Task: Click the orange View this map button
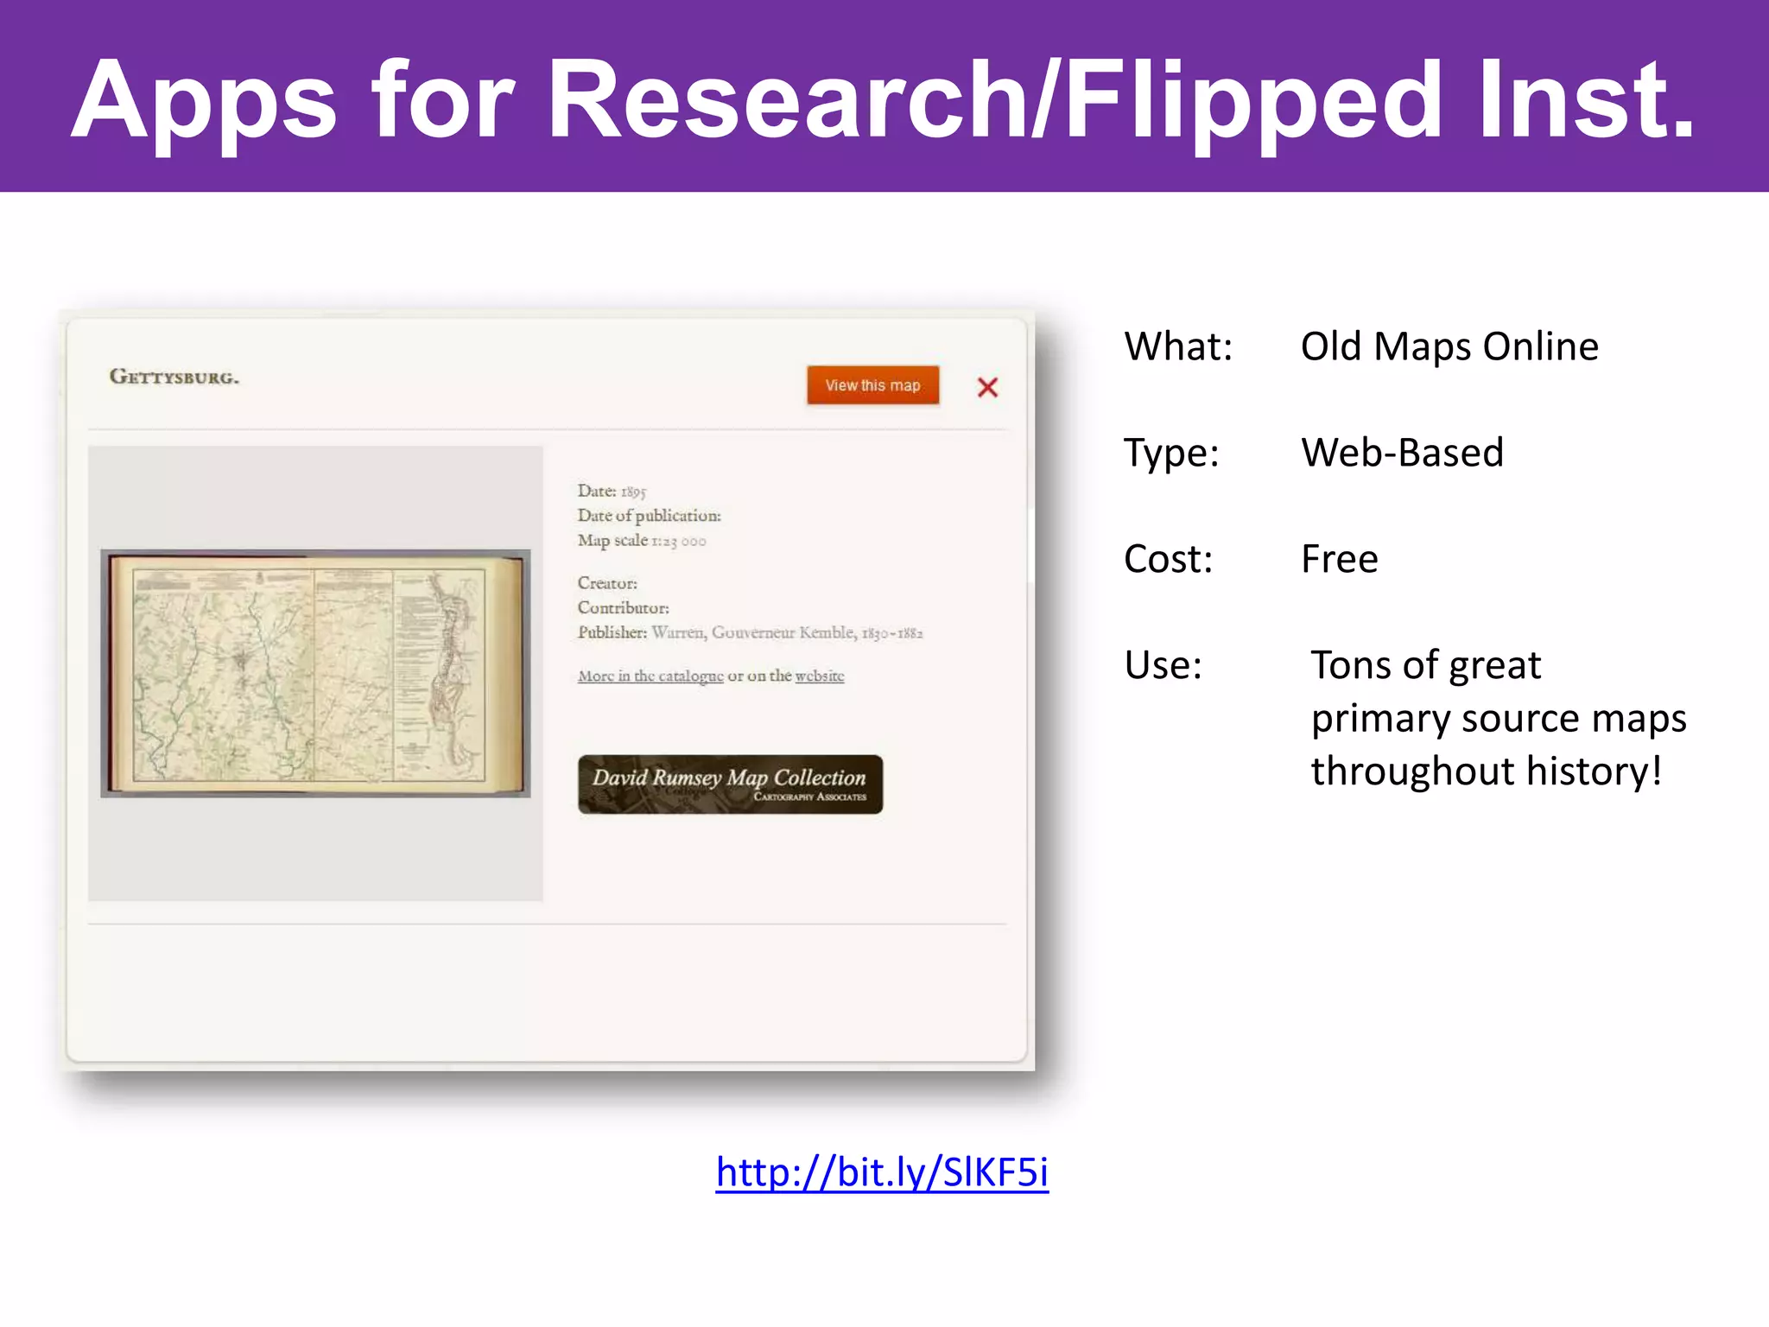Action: pyautogui.click(x=872, y=385)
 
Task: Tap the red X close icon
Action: pyautogui.click(x=987, y=387)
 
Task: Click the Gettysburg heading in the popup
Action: pyautogui.click(x=174, y=377)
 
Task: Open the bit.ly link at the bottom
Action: pyautogui.click(x=882, y=1172)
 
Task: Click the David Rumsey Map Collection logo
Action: pyautogui.click(x=730, y=784)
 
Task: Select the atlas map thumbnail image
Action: pyautogui.click(x=315, y=673)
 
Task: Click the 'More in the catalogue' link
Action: pyautogui.click(x=650, y=676)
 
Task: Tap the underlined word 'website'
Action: pyautogui.click(x=819, y=676)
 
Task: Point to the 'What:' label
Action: pyautogui.click(x=1178, y=346)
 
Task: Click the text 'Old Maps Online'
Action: pyautogui.click(x=1449, y=346)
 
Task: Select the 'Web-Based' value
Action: pyautogui.click(x=1402, y=453)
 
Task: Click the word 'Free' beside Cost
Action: pyautogui.click(x=1340, y=559)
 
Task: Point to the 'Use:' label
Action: pyautogui.click(x=1163, y=665)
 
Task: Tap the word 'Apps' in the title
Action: pyautogui.click(x=204, y=102)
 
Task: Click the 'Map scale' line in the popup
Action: pyautogui.click(x=642, y=541)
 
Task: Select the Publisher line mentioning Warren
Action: pyautogui.click(x=750, y=632)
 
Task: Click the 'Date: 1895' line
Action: pyautogui.click(x=612, y=491)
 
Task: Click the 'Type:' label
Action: pyautogui.click(x=1171, y=453)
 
